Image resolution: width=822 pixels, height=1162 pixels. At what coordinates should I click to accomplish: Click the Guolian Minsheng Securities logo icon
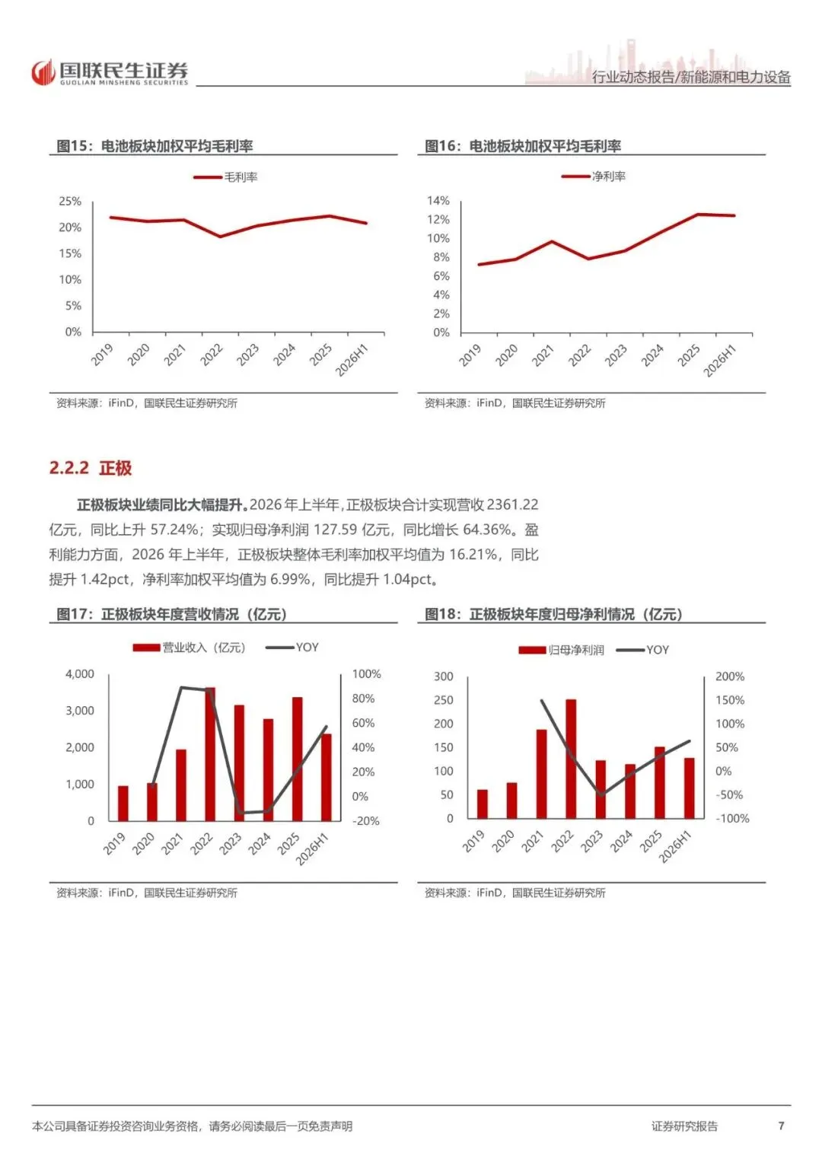tap(43, 72)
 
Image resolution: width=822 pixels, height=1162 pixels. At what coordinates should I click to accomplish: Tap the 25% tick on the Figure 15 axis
tap(70, 201)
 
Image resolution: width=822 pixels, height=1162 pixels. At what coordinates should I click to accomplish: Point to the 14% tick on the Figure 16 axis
tap(438, 201)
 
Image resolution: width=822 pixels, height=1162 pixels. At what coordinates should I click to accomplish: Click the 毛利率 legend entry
tap(226, 177)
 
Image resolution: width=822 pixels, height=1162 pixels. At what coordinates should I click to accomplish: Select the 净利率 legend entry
tap(594, 177)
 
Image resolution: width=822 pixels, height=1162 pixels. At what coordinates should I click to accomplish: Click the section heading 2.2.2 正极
tap(91, 468)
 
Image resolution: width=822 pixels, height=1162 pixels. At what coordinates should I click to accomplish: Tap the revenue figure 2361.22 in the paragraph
tap(513, 505)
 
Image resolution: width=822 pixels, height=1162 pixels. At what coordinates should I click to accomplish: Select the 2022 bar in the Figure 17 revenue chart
tap(209, 754)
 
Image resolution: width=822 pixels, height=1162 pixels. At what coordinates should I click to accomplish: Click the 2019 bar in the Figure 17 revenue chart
tap(123, 804)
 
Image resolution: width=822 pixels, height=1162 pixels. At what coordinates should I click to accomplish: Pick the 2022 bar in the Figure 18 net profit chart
tap(571, 759)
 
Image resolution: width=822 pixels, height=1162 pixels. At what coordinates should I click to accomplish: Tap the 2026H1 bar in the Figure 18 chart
tap(689, 788)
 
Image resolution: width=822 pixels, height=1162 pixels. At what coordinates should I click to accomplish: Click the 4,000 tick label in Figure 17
tap(79, 674)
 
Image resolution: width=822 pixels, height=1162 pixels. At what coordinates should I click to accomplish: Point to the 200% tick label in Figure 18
tap(730, 677)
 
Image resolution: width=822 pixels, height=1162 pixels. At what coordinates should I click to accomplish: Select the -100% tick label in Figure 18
tap(732, 819)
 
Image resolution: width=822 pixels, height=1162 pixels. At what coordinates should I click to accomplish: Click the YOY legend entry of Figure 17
tap(292, 648)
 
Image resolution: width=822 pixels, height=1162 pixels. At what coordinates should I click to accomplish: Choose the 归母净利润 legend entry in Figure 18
tap(561, 650)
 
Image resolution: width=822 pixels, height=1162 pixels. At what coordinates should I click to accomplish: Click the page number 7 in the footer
tap(781, 1125)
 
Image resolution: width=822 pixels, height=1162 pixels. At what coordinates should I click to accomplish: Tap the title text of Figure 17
tap(172, 614)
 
